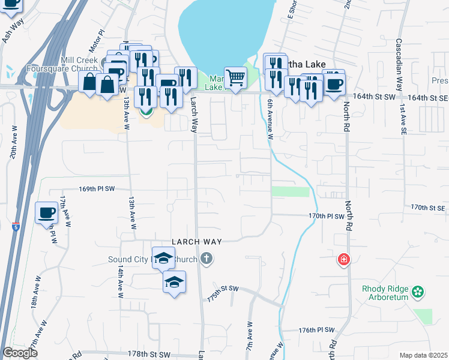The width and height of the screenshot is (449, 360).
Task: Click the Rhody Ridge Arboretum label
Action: (385, 293)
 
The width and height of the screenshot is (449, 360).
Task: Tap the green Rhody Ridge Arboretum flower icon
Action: (418, 293)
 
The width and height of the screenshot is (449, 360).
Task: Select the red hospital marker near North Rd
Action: (343, 260)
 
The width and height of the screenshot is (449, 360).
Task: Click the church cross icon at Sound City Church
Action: (206, 259)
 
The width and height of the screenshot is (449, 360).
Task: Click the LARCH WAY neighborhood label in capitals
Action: (197, 241)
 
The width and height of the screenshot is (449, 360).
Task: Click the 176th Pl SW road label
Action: (316, 330)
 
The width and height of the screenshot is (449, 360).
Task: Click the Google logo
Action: (20, 353)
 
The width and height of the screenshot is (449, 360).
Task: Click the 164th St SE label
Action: (427, 97)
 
